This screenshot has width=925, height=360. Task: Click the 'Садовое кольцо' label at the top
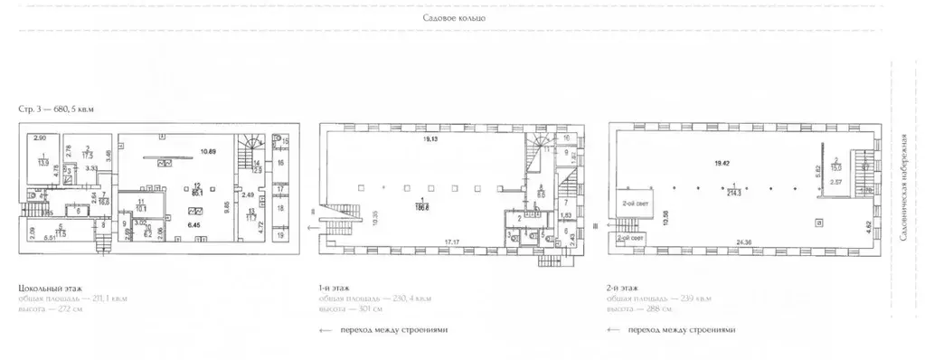(455, 18)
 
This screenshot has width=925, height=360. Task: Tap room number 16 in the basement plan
(280, 163)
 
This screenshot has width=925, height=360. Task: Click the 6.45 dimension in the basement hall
(193, 222)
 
